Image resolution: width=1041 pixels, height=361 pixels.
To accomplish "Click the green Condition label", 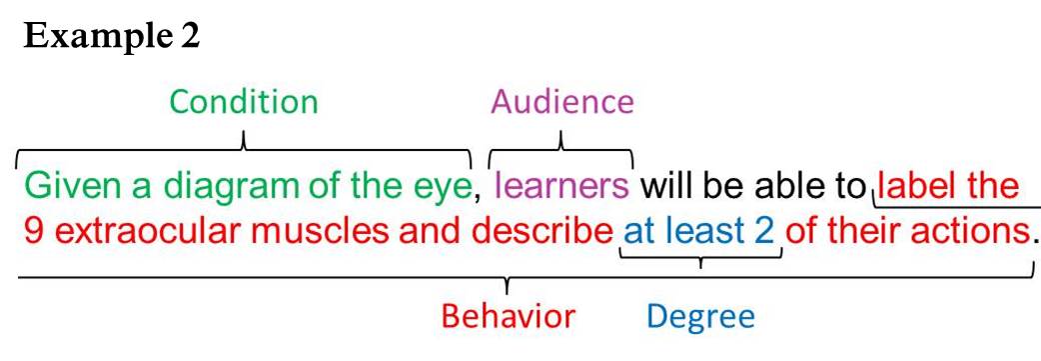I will [x=244, y=102].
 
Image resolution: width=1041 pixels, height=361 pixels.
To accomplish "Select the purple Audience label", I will [x=561, y=102].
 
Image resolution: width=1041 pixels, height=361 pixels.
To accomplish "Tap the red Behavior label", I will [x=509, y=317].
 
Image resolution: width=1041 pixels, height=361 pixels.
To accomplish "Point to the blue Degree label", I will [x=699, y=317].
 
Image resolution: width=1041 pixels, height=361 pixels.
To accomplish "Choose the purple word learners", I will [x=562, y=187].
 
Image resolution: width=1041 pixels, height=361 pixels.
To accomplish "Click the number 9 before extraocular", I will [x=31, y=232].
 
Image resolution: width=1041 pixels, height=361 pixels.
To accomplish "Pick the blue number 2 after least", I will [x=765, y=232].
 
